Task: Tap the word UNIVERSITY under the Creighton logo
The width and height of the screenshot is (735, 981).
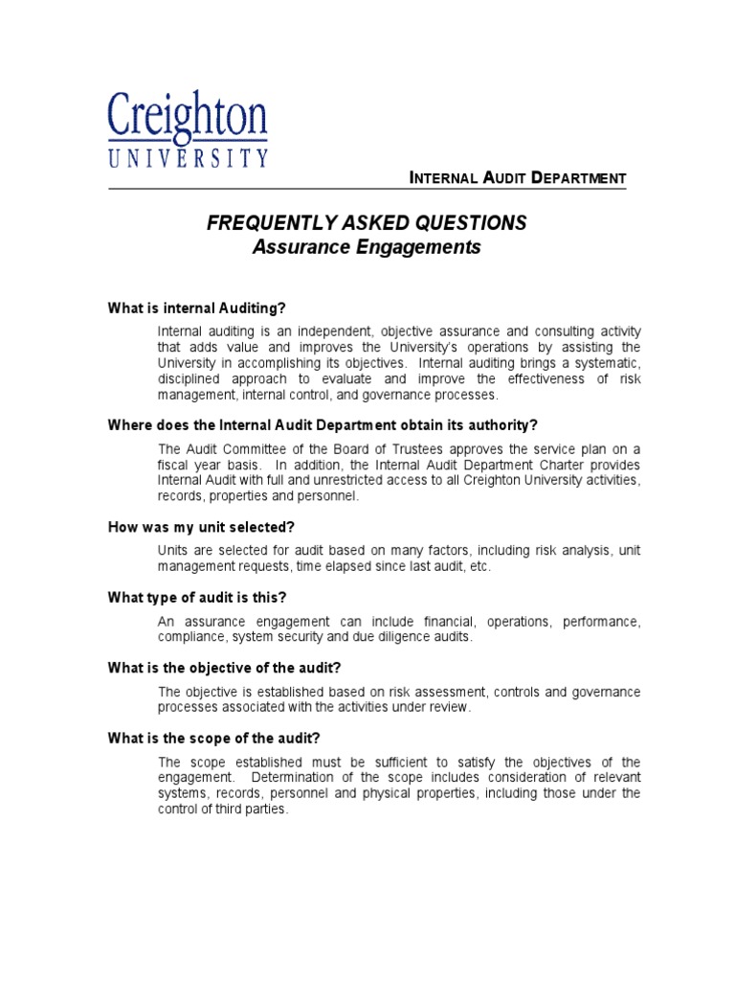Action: tap(188, 157)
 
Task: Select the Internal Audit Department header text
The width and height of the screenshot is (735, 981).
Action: tap(517, 178)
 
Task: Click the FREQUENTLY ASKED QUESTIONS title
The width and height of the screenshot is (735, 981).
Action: tap(367, 223)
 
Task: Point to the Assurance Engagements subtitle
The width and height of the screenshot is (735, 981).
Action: tap(367, 247)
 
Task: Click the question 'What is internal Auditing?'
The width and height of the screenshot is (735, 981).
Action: tap(197, 308)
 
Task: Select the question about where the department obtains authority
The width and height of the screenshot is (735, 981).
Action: tap(323, 424)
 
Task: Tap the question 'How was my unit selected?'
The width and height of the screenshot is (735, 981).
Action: tap(201, 528)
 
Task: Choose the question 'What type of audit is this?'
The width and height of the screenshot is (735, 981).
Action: tap(197, 598)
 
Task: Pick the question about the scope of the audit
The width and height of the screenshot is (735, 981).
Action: tap(213, 738)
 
